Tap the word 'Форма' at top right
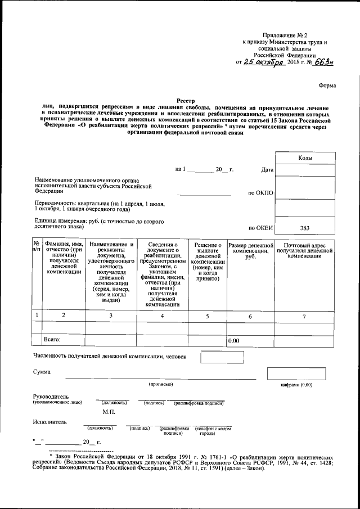tap(327, 85)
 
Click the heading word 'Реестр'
tap(185, 98)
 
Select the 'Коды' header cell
tap(305, 159)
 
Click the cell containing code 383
tap(305, 228)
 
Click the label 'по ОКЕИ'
tap(260, 228)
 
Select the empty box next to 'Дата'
tap(305, 170)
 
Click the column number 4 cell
tap(163, 316)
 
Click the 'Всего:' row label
tap(52, 340)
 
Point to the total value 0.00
tap(233, 341)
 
